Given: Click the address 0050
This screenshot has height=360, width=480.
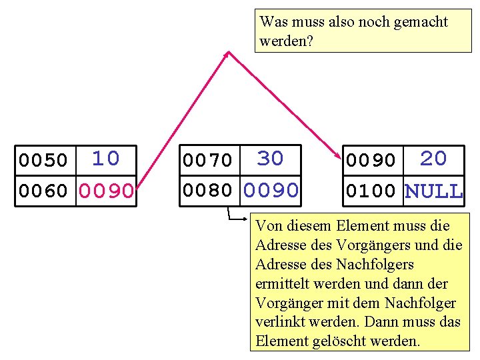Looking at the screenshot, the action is tap(43, 161).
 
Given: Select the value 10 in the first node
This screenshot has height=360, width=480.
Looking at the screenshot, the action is tap(105, 159).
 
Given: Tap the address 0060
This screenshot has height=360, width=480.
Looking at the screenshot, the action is tap(43, 192).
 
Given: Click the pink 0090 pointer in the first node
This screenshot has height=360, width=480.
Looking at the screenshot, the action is tap(106, 192).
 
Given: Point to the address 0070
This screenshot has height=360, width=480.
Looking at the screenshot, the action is tap(207, 161).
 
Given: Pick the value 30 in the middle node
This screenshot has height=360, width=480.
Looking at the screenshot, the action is tap(270, 159).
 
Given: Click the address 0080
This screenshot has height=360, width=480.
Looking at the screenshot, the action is tap(207, 191).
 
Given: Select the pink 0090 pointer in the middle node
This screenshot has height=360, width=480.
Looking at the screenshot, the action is tap(271, 191).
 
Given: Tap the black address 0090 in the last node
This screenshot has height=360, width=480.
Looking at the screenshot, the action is tap(371, 161).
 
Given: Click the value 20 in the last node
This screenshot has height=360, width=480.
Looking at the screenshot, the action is tap(433, 159).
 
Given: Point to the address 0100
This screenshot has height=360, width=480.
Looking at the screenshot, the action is tap(371, 192).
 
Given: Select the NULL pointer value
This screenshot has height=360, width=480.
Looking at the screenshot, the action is tap(433, 192).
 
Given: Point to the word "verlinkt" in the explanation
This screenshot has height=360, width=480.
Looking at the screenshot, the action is tap(281, 322).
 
